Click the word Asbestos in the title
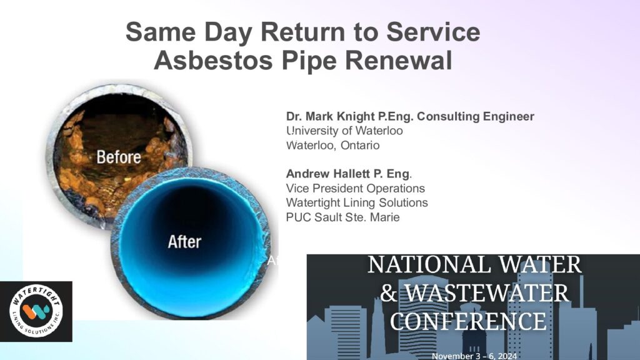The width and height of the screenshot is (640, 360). (213, 61)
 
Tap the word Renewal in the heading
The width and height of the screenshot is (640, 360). (399, 61)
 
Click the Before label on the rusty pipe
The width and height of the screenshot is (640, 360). (119, 157)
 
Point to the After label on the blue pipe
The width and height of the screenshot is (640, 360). (184, 242)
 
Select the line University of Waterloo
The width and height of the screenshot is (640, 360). (344, 131)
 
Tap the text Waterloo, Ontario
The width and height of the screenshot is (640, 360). (332, 145)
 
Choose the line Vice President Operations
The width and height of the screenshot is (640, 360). (356, 188)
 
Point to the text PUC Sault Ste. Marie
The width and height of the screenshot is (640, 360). (342, 217)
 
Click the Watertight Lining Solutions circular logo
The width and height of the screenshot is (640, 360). (36, 311)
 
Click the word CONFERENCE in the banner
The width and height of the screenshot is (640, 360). (468, 322)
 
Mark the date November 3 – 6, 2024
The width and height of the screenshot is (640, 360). (474, 356)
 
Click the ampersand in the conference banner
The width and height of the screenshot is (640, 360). (389, 293)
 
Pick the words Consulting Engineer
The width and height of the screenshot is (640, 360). (476, 117)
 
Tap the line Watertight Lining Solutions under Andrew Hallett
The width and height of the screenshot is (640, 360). (357, 203)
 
